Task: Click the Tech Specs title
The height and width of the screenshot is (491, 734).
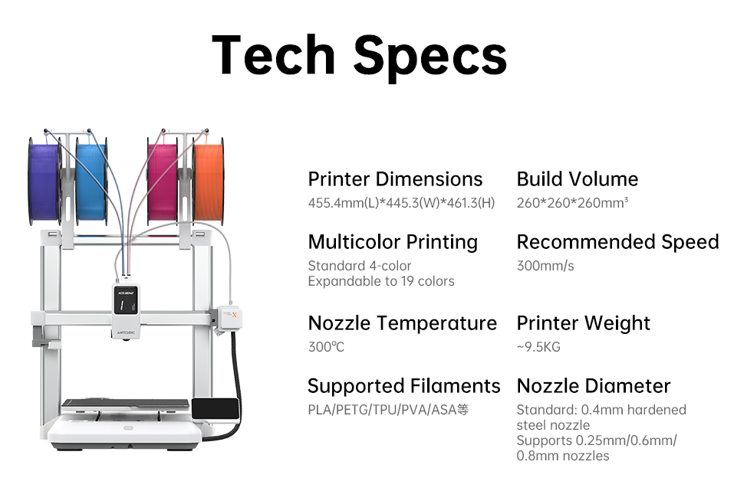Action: click(359, 56)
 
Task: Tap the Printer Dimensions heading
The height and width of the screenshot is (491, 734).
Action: click(395, 179)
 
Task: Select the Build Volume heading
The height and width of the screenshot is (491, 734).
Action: click(578, 179)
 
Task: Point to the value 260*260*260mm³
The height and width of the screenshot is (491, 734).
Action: click(572, 203)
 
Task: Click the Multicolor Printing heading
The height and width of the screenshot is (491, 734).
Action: click(393, 243)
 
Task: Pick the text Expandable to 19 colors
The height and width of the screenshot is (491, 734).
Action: click(381, 281)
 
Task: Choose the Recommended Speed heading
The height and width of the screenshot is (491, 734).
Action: click(617, 243)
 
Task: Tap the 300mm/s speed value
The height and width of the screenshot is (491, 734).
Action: click(545, 266)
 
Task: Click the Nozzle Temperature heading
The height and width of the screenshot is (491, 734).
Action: click(402, 323)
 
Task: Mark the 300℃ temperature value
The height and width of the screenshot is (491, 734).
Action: click(326, 347)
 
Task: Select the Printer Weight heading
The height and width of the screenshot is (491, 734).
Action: click(583, 323)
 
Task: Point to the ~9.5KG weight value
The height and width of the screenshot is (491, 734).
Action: click(538, 347)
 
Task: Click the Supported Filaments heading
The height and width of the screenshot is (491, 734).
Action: click(403, 386)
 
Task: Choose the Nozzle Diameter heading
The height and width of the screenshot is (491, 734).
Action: click(593, 386)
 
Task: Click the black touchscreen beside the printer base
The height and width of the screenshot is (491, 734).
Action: click(216, 409)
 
